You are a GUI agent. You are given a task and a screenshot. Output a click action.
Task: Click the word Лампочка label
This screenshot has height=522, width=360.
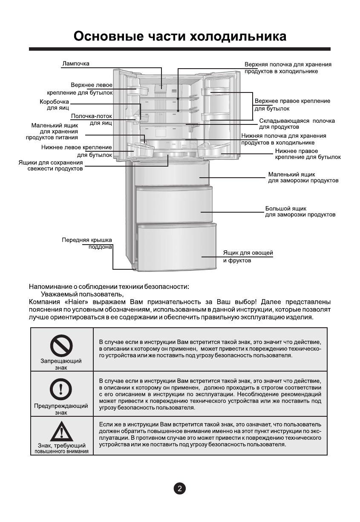tap(76, 64)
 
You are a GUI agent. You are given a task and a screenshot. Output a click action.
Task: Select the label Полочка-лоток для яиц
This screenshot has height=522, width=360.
tap(91, 119)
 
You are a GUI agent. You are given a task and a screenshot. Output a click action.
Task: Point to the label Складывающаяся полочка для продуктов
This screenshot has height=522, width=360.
tap(297, 124)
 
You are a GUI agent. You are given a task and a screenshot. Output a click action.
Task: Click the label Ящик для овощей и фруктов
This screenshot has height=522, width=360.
tap(248, 257)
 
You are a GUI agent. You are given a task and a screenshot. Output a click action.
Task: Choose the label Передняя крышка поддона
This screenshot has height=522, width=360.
tap(87, 243)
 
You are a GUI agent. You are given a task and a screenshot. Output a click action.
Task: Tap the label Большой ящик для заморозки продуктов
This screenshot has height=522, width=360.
tap(300, 211)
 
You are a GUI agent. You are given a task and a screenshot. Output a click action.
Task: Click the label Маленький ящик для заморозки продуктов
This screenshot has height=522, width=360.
tap(303, 177)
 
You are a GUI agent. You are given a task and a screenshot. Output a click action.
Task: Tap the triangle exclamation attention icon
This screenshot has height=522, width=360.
tap(61, 432)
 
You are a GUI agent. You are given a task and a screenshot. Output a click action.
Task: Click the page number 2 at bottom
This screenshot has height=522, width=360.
tap(179, 488)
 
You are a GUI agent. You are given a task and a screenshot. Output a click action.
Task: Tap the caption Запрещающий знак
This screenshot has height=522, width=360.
tap(61, 364)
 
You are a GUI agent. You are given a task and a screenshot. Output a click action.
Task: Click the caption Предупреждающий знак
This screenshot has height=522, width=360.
tap(61, 409)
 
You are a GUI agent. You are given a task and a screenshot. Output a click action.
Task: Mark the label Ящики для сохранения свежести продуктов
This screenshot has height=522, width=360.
tap(51, 165)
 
